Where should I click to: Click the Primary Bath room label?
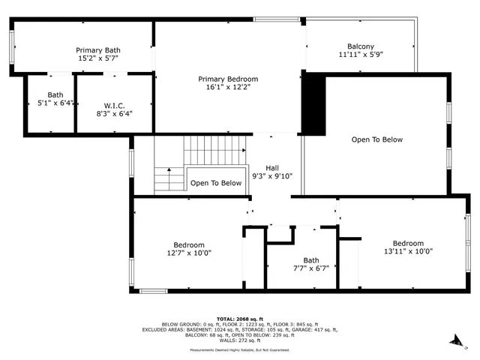(x=98, y=49)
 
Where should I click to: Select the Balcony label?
(x=360, y=46)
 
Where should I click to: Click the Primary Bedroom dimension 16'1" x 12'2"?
(x=228, y=87)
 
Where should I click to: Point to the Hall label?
(x=273, y=168)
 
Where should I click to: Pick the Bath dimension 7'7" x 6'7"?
(x=310, y=268)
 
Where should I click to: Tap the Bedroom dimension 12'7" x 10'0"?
(x=189, y=253)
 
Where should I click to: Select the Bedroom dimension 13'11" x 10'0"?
(x=408, y=251)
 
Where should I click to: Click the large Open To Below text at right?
(x=377, y=139)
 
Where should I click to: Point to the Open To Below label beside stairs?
(x=216, y=183)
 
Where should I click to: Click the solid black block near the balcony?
(x=313, y=105)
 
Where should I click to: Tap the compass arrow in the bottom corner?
(x=454, y=343)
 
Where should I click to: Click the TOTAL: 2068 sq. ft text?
(x=240, y=319)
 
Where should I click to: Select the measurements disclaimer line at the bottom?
(x=240, y=349)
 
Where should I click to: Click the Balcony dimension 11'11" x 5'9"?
(x=360, y=55)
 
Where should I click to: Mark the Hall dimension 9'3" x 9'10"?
(x=273, y=176)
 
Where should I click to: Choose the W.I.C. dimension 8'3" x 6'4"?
(x=114, y=114)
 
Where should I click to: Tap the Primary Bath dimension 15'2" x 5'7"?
(x=98, y=58)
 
